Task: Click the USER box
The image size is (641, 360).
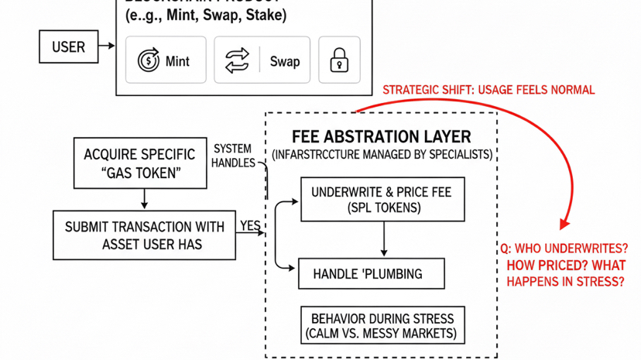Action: coord(68,47)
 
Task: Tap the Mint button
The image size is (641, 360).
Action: coord(165,60)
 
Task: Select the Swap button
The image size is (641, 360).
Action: coord(262,60)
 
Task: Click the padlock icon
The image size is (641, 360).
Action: coord(339,60)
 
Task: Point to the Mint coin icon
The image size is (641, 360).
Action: coord(148,60)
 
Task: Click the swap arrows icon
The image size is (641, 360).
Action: coord(237,60)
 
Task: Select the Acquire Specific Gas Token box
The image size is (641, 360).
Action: coord(140,163)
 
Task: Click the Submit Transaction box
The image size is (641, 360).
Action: coord(144,235)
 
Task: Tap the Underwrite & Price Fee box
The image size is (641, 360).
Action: coord(382,200)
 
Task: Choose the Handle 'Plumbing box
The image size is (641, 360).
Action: coord(372,274)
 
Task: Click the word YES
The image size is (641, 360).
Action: coord(250,226)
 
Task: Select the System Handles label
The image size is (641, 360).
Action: coord(232,156)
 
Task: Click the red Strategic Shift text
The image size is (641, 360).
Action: coord(488,90)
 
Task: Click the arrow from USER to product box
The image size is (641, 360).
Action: coord(107,46)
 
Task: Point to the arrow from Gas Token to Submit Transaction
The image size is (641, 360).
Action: coord(144,199)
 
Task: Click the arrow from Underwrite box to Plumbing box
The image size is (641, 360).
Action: coord(384,239)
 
